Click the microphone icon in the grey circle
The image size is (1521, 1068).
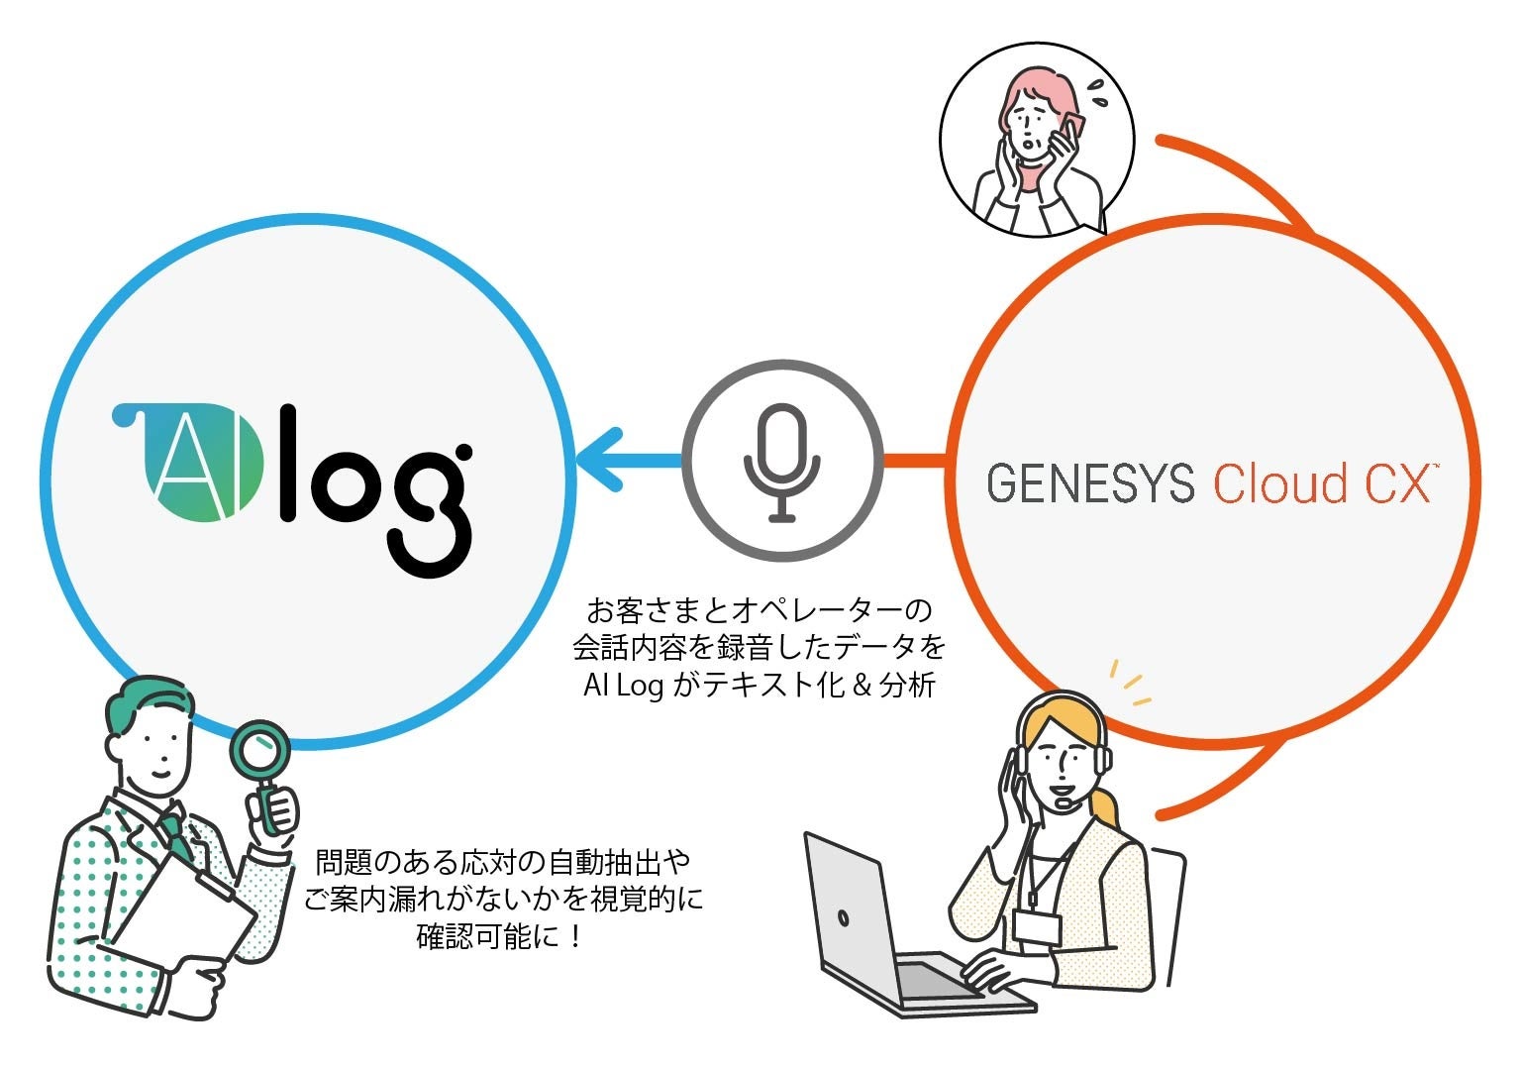click(x=782, y=462)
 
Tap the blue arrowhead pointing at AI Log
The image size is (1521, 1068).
click(x=600, y=459)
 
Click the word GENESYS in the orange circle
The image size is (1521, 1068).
click(x=1090, y=483)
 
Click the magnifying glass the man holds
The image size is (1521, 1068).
click(x=259, y=753)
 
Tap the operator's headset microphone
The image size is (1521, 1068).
click(x=1064, y=803)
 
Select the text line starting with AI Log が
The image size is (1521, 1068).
click(x=760, y=686)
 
